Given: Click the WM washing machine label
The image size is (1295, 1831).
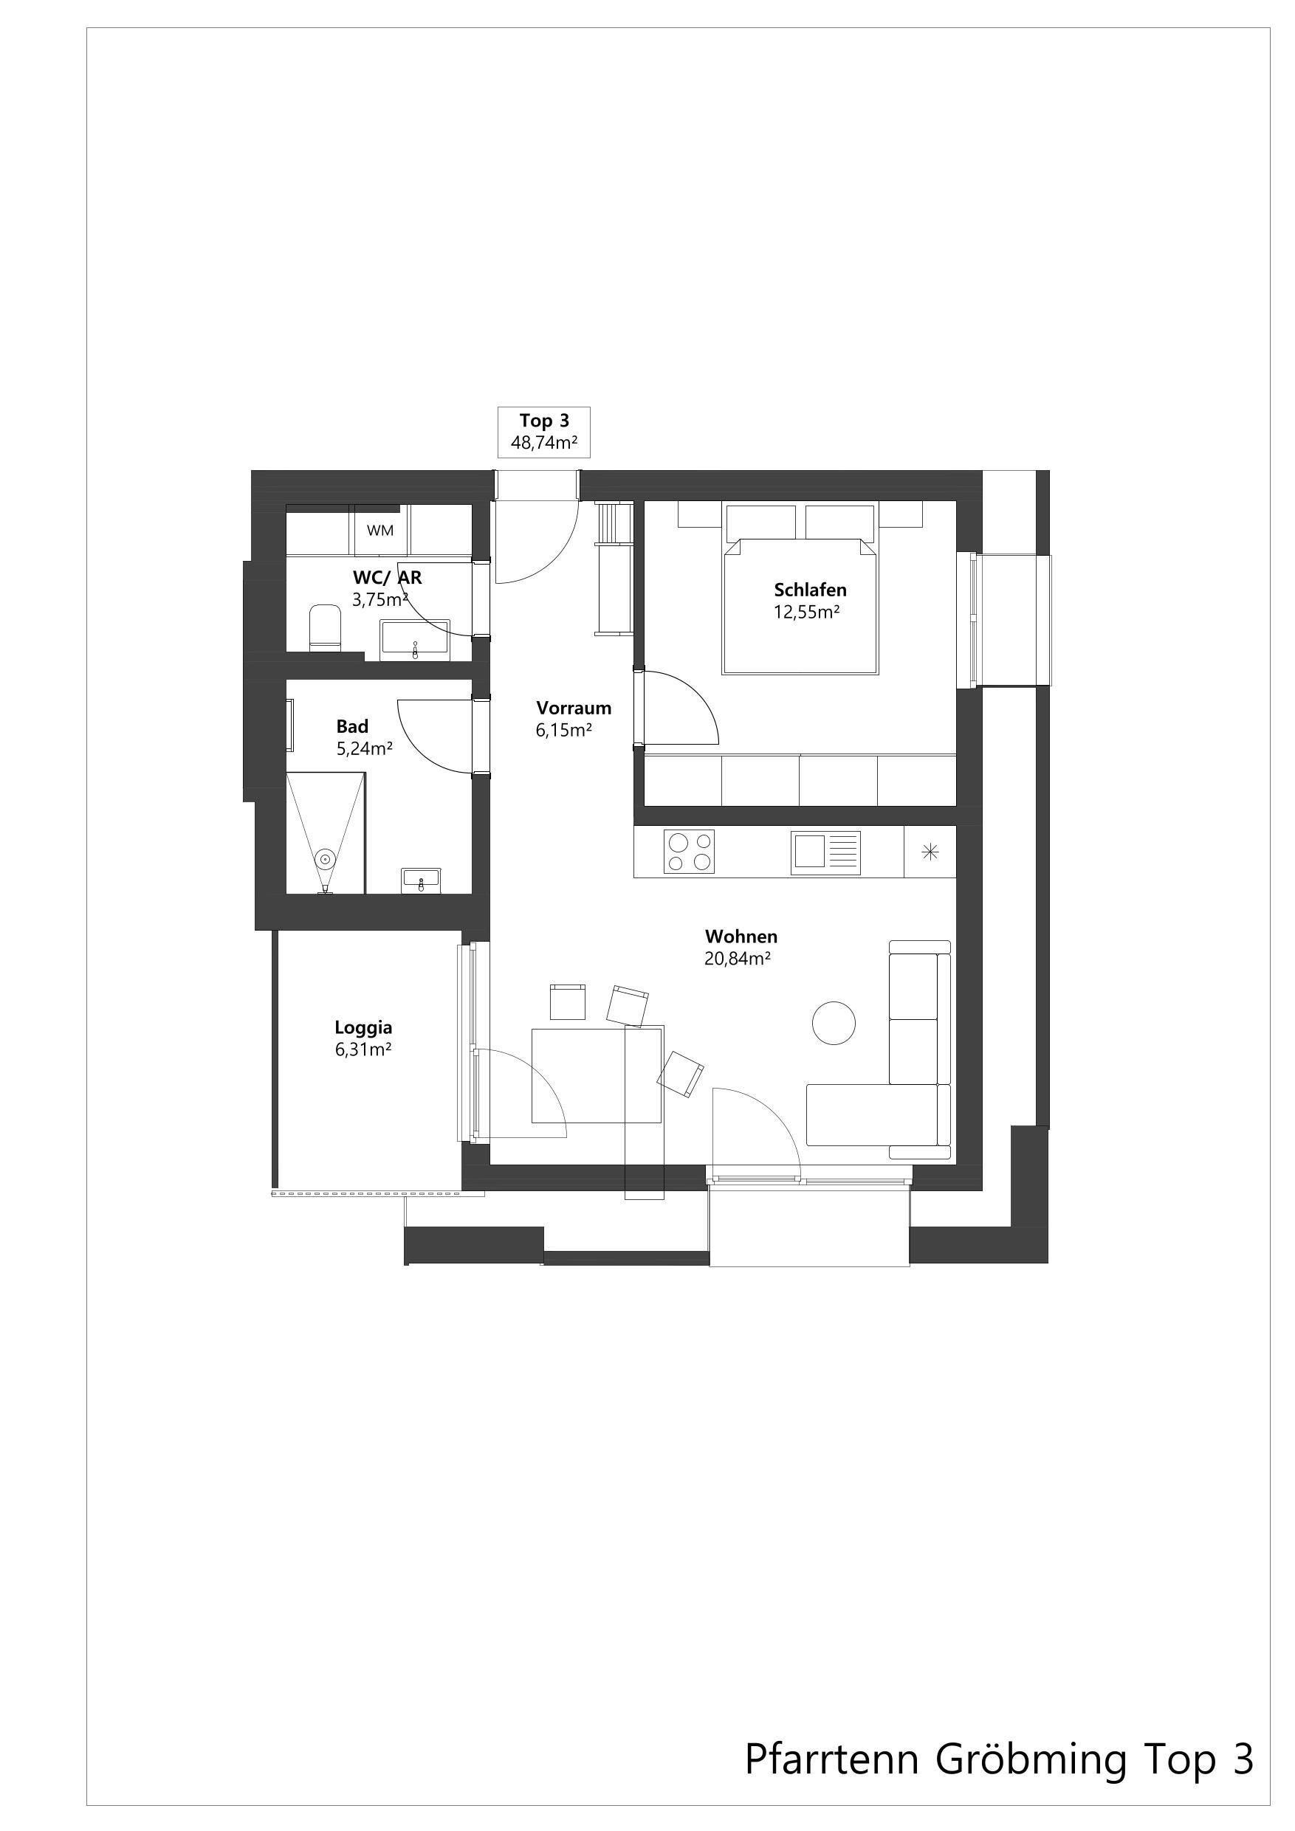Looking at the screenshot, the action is point(381,531).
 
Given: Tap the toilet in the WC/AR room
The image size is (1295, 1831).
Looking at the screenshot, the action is point(325,627).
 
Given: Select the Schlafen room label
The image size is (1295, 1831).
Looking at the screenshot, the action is point(810,590).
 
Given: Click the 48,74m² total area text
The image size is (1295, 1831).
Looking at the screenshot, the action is point(544,444).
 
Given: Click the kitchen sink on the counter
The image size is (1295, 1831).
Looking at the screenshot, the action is point(826,852).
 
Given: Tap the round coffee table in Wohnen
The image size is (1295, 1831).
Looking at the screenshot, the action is point(834,1022).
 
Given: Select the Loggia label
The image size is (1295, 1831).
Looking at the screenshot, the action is point(363,1029).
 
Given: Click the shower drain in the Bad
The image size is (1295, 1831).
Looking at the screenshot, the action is point(325,859).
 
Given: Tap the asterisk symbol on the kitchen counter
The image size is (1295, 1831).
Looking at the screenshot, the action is point(930,852).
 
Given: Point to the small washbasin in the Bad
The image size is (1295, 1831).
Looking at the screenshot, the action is point(421,881).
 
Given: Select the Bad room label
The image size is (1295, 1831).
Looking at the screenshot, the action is point(352,726).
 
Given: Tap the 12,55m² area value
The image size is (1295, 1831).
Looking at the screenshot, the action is point(807,613).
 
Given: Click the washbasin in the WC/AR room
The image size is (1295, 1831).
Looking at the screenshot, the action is point(415,641).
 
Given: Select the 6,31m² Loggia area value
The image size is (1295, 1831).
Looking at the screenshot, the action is point(363,1050).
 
